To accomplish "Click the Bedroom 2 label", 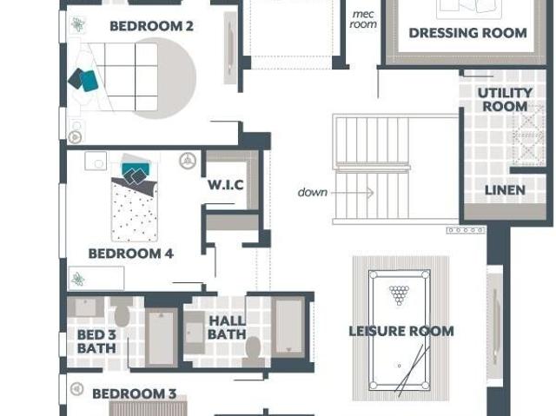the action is (x=151, y=26).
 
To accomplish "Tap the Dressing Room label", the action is (x=467, y=33).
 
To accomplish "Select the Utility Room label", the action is (x=505, y=100).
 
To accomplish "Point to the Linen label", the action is (x=505, y=190).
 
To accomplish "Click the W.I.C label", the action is (x=226, y=185).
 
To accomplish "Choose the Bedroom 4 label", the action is (x=131, y=254).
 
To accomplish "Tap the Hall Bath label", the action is (x=227, y=327).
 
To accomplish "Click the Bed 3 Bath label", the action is (x=96, y=341).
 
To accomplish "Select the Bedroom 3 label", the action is (x=135, y=393).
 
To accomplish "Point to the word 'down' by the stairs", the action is (x=313, y=193).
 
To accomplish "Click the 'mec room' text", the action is (x=363, y=19).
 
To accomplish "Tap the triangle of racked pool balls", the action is (x=399, y=294).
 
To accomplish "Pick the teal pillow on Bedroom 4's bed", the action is (x=135, y=169).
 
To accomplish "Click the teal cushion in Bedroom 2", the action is (x=89, y=81).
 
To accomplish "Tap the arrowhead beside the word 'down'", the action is (x=370, y=193).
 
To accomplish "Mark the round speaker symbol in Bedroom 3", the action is (x=76, y=389).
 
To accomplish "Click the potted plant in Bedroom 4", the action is (x=77, y=280).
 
